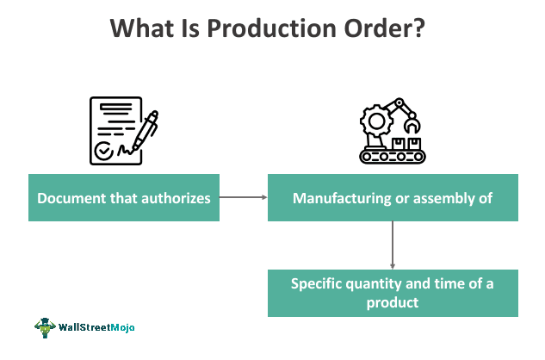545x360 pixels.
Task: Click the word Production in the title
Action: coord(272,28)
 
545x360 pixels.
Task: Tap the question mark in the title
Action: coord(418,28)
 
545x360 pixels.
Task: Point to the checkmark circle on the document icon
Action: coord(103,151)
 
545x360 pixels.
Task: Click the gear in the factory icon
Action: coord(376,121)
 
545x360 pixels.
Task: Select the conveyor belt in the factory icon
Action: coord(393,157)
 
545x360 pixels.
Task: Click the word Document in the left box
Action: coord(71,198)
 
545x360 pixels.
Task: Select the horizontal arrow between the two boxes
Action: coord(244,197)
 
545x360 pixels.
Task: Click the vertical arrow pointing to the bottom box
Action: coord(393,245)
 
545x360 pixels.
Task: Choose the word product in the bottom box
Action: coord(393,302)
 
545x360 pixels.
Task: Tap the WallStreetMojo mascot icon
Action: coord(45,327)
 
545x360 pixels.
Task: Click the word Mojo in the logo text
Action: coord(122,327)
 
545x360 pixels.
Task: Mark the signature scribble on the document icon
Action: coord(125,150)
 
